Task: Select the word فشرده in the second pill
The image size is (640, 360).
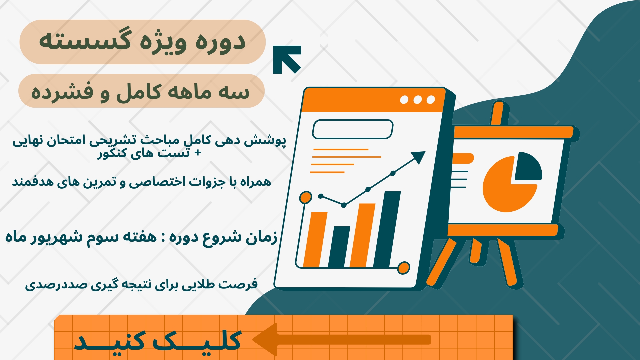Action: (62, 92)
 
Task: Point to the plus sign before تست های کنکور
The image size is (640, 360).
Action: (198, 153)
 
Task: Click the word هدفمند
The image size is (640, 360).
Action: (29, 182)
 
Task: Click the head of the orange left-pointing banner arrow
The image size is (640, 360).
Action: (265, 339)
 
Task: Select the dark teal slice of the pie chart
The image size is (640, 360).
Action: (528, 166)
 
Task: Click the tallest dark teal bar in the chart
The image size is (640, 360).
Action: (387, 229)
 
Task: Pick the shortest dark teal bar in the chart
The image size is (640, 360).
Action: (339, 247)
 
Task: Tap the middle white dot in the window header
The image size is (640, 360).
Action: (417, 100)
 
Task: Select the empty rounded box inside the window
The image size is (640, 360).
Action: (353, 129)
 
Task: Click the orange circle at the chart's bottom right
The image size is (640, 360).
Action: (404, 268)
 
